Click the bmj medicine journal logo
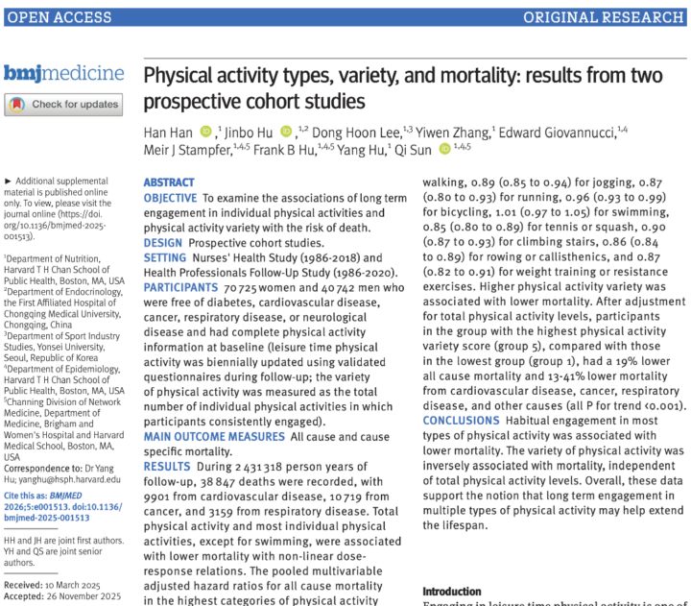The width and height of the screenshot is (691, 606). click(63, 73)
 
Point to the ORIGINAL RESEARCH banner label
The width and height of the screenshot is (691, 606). click(603, 17)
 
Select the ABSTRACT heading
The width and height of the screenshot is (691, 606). click(169, 182)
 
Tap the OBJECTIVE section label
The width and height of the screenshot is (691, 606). click(170, 198)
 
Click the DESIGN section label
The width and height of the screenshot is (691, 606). click(162, 243)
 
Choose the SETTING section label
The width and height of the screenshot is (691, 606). click(165, 258)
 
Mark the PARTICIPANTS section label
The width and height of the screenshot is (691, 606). click(179, 288)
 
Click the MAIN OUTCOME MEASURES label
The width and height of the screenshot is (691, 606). click(213, 437)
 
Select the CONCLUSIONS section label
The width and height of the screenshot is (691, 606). click(461, 421)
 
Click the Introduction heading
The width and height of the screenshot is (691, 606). click(452, 592)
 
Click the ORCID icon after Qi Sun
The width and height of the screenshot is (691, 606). click(444, 148)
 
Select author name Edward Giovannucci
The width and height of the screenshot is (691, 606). click(554, 132)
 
